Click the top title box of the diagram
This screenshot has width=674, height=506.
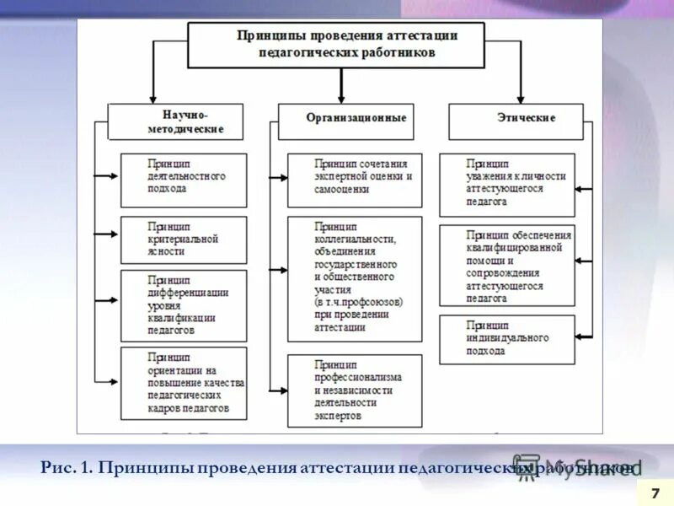pyautogui.click(x=335, y=45)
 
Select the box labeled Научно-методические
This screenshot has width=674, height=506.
pyautogui.click(x=175, y=121)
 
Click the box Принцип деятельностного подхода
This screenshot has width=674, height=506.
pyautogui.click(x=184, y=179)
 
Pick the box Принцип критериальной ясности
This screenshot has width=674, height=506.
pyautogui.click(x=184, y=240)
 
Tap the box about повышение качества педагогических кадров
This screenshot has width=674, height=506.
pyautogui.click(x=184, y=383)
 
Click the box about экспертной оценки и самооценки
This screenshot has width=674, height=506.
pyautogui.click(x=354, y=179)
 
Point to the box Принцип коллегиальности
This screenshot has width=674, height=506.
pyautogui.click(x=354, y=278)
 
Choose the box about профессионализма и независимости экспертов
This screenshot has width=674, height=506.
pyautogui.click(x=354, y=390)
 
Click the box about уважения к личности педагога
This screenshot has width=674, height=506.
pyautogui.click(x=507, y=184)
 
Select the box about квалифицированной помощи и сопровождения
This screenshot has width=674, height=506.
pyautogui.click(x=507, y=265)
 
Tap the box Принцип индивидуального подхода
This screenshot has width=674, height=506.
pyautogui.click(x=507, y=339)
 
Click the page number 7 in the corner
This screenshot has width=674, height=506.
pyautogui.click(x=655, y=491)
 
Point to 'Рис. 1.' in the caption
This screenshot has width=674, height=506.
pyautogui.click(x=66, y=467)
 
